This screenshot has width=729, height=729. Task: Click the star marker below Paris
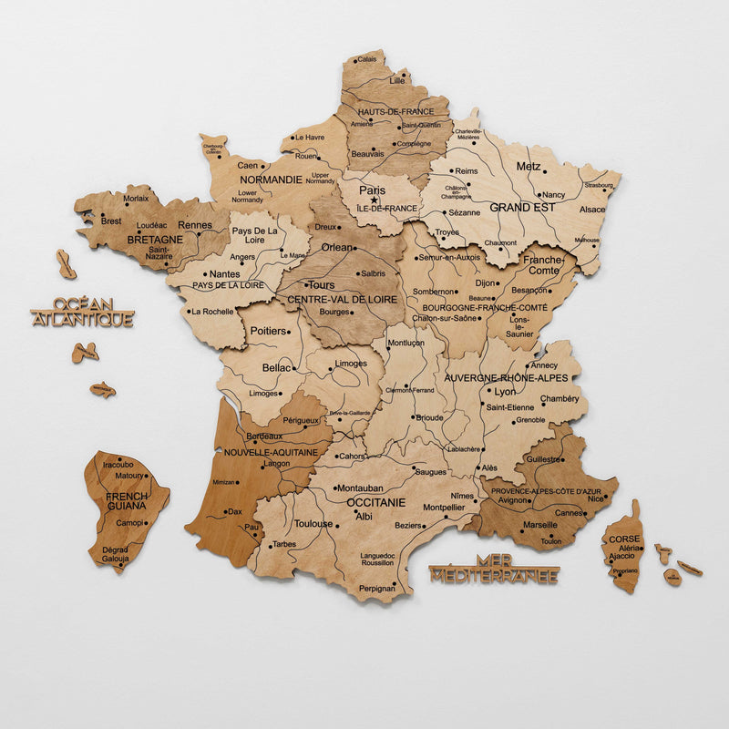pos(374,200)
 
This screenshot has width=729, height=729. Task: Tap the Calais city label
pos(367,59)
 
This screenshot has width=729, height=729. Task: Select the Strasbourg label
pos(599,185)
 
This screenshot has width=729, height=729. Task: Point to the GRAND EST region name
pos(522,208)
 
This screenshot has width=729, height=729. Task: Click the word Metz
pos(529,167)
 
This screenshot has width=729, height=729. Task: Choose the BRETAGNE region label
pos(155,240)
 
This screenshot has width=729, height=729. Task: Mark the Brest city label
pos(111,221)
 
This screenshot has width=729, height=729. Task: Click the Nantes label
pos(224,273)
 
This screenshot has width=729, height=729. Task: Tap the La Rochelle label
pos(211,311)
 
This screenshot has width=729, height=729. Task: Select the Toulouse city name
pos(313,524)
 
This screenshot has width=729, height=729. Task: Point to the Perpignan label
pos(377,589)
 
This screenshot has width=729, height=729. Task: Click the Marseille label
pos(540,525)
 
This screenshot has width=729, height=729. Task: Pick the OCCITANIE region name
pos(375,502)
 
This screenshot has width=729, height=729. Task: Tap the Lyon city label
pos(505,391)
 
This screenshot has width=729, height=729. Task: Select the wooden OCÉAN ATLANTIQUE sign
pos(82,312)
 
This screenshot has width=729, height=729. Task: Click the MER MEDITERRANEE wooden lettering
pos(494,569)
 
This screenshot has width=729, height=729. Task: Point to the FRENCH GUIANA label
pos(127,500)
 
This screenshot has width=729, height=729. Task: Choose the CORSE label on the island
pos(624,539)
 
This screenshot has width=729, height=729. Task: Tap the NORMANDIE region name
pos(270,180)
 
